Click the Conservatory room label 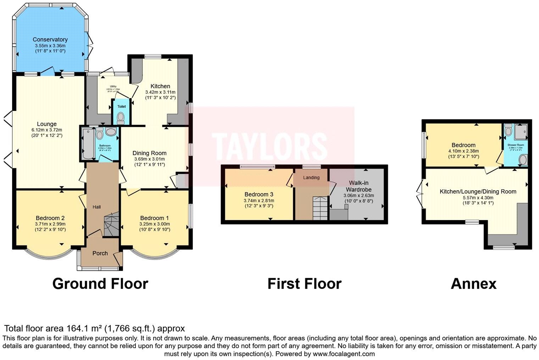(x=50, y=39)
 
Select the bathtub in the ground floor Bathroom (x=87, y=144)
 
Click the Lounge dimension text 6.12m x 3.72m (x=47, y=130)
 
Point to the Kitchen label (x=160, y=86)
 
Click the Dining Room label (x=149, y=153)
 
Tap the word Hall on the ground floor (x=97, y=207)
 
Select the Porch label (x=100, y=253)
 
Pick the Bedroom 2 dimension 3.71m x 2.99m (x=50, y=224)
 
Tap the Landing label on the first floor (x=311, y=178)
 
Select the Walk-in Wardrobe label (x=359, y=186)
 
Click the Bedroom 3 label (x=259, y=194)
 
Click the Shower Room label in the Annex (x=516, y=145)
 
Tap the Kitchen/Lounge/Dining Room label (x=478, y=191)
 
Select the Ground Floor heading (x=100, y=283)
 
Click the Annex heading (x=473, y=283)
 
